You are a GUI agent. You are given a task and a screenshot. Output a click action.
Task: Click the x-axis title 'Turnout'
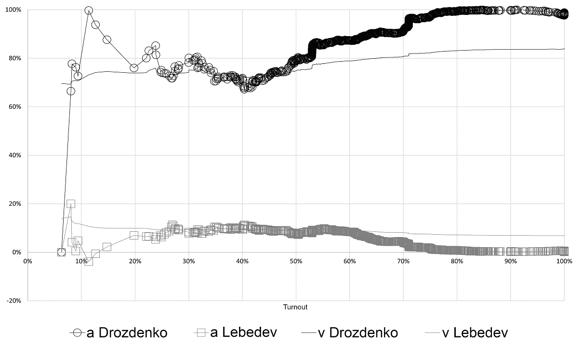click(295, 307)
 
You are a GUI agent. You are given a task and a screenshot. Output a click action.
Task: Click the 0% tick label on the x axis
click(27, 261)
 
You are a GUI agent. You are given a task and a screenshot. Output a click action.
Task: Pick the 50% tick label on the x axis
click(296, 261)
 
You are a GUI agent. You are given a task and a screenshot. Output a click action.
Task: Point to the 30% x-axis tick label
click(188, 261)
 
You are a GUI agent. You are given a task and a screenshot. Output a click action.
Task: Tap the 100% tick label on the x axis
click(564, 261)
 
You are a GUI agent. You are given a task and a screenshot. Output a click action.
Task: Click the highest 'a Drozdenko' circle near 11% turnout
click(89, 10)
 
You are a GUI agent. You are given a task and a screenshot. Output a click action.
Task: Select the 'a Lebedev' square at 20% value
click(71, 204)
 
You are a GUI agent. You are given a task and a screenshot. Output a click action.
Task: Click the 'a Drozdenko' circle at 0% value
click(61, 252)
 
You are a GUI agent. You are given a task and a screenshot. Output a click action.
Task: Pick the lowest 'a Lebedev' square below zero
click(88, 261)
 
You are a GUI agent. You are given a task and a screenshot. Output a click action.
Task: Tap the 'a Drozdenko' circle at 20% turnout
click(134, 68)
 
